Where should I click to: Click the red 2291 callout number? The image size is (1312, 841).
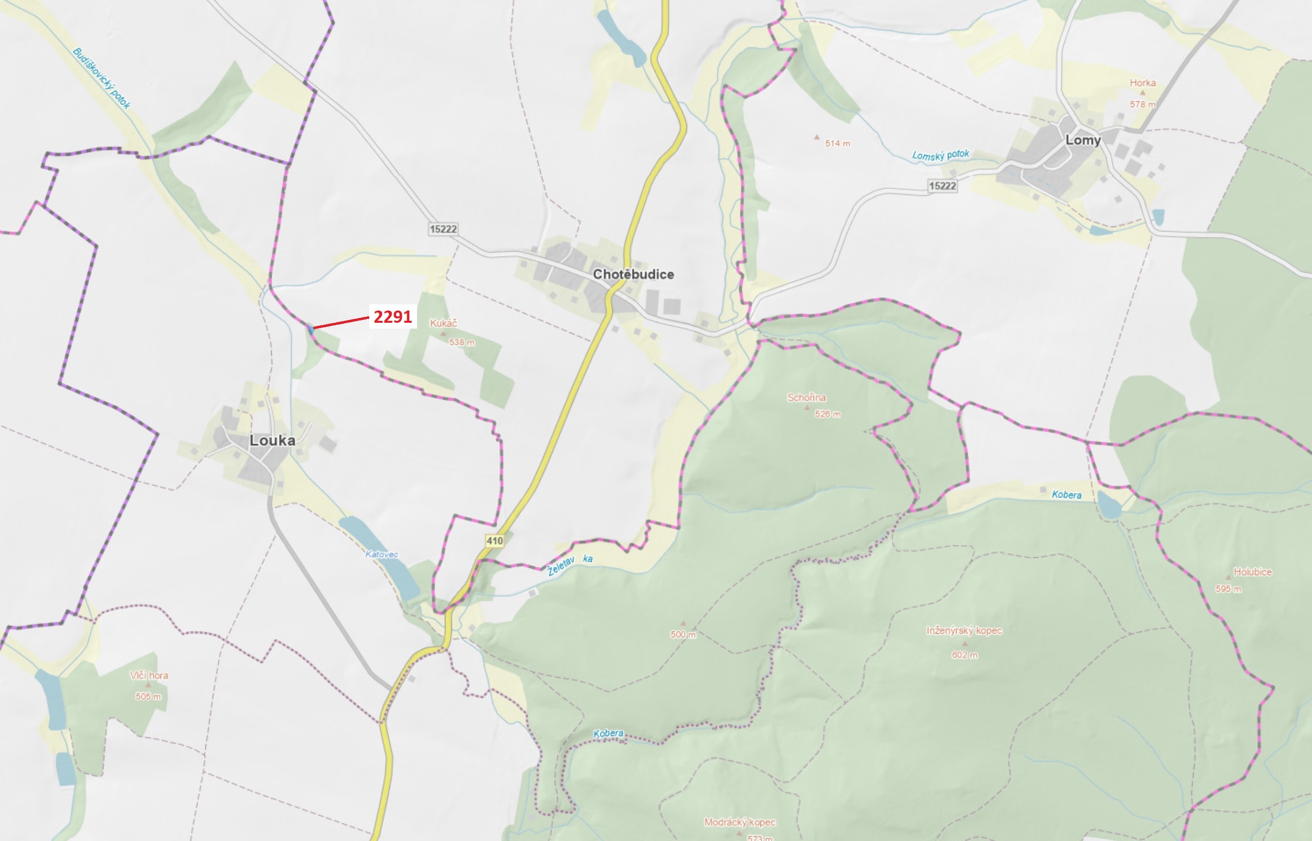pyautogui.click(x=392, y=317)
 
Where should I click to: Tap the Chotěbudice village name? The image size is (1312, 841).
pyautogui.click(x=634, y=274)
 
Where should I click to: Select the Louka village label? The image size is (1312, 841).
pyautogui.click(x=272, y=440)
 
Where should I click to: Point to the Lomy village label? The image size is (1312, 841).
pyautogui.click(x=1083, y=140)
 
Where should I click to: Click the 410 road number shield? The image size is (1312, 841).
pyautogui.click(x=495, y=541)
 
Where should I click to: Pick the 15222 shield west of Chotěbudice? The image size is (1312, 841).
pyautogui.click(x=443, y=229)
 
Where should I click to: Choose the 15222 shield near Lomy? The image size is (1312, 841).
pyautogui.click(x=942, y=186)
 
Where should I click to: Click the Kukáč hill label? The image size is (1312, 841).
pyautogui.click(x=443, y=323)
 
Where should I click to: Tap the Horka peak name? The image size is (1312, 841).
pyautogui.click(x=1143, y=83)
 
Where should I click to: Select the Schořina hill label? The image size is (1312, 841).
pyautogui.click(x=806, y=397)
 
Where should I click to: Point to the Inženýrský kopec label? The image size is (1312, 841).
pyautogui.click(x=964, y=630)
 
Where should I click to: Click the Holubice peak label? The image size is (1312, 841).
pyautogui.click(x=1252, y=572)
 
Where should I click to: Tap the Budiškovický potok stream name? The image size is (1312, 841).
pyautogui.click(x=101, y=78)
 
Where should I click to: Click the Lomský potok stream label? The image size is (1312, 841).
pyautogui.click(x=940, y=155)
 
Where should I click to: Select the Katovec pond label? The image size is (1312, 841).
pyautogui.click(x=382, y=554)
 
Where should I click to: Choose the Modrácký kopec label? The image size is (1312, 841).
pyautogui.click(x=739, y=822)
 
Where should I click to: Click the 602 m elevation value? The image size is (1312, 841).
pyautogui.click(x=965, y=655)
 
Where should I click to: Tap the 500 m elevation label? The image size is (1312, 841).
pyautogui.click(x=683, y=635)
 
